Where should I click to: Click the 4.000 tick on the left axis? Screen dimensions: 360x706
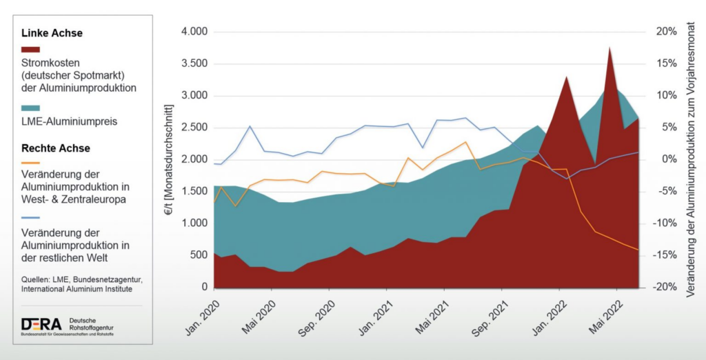tap(194, 32)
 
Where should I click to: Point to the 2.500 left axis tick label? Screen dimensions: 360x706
tap(194, 128)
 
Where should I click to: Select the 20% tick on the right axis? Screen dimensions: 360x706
tap(667, 32)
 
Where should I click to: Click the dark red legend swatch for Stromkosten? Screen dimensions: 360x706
tap(31, 50)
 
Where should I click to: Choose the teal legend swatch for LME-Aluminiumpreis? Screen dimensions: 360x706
tap(31, 108)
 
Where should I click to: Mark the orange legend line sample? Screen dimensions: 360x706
tap(31, 163)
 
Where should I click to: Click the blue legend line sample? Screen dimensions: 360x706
tap(31, 220)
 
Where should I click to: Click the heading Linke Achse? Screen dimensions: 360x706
tap(52, 33)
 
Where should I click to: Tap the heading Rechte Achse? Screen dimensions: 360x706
tap(56, 148)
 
